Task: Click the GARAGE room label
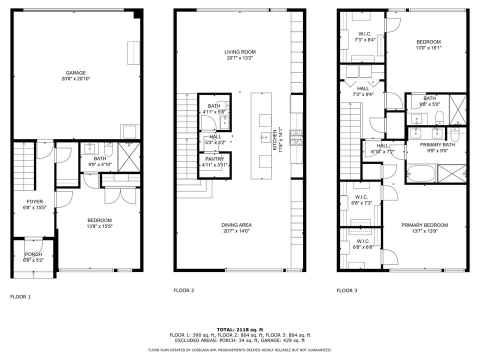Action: pyautogui.click(x=76, y=72)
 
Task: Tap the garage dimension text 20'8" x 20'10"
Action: pyautogui.click(x=76, y=78)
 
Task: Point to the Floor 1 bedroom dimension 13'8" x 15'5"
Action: pyautogui.click(x=99, y=226)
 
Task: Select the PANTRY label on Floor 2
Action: pyautogui.click(x=214, y=159)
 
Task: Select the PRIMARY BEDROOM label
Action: pyautogui.click(x=424, y=225)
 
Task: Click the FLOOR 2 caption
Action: pyautogui.click(x=183, y=290)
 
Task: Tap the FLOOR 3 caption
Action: pyautogui.click(x=346, y=290)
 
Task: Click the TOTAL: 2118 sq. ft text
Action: pyautogui.click(x=239, y=329)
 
